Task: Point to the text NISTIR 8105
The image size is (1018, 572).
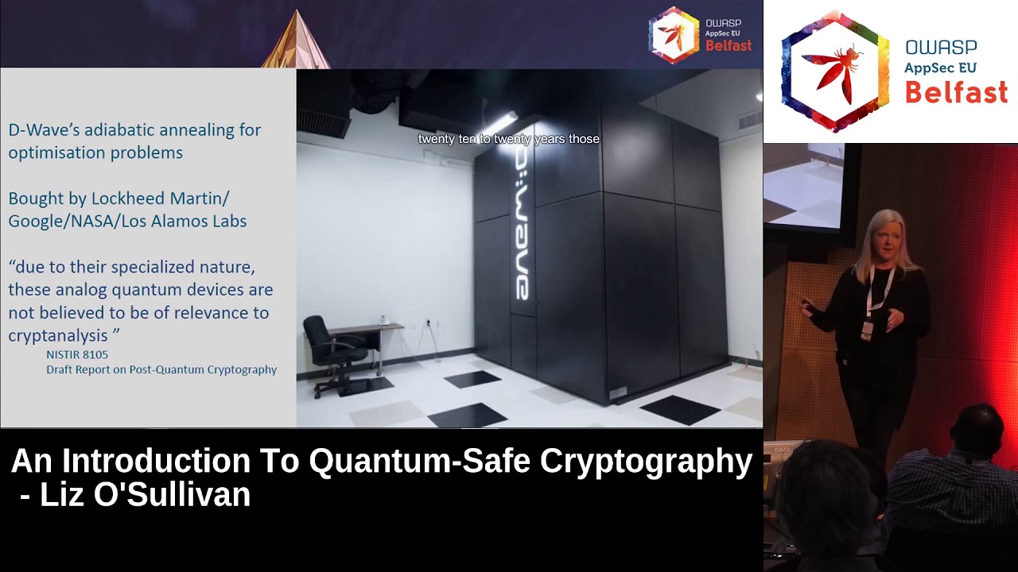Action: click(x=77, y=354)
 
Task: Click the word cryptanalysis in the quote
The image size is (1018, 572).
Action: click(x=58, y=336)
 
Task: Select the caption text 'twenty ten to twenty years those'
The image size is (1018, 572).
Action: click(x=509, y=139)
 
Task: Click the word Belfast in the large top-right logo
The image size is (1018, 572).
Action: click(x=956, y=93)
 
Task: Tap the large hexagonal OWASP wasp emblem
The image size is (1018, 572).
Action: click(x=835, y=71)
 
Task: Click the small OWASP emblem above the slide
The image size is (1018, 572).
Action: click(x=674, y=35)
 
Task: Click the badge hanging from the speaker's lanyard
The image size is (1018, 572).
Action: click(x=867, y=328)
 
